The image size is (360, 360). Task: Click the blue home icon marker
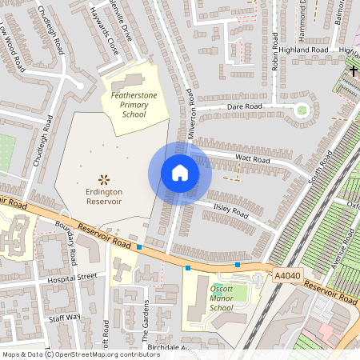180,173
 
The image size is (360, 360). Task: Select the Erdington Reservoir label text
104,197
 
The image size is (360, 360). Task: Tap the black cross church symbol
353,71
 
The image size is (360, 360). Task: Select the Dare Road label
245,106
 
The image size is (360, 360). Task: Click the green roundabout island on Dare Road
302,110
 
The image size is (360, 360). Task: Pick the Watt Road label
254,160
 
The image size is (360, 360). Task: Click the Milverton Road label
192,114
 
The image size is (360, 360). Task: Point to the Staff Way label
65,317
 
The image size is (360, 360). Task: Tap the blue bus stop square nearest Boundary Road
140,247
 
